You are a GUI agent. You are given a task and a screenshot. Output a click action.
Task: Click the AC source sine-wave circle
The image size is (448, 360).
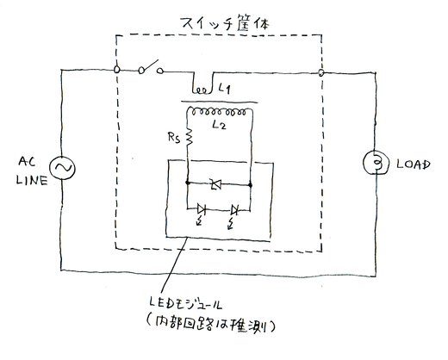coord(62,168)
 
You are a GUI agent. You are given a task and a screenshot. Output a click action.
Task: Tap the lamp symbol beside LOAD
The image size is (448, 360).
coord(376,163)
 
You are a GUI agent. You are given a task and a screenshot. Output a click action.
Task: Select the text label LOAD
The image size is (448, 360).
coord(414,164)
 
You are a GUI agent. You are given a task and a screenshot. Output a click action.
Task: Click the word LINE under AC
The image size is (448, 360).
coord(32,180)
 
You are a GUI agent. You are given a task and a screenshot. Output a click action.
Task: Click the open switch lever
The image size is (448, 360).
coord(149,66)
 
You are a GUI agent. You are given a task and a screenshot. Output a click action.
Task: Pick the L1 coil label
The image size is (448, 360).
coord(225,88)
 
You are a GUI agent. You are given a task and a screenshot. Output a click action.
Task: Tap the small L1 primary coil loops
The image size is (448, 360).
coord(202,90)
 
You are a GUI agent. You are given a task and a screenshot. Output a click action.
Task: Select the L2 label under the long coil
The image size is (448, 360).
coord(219,125)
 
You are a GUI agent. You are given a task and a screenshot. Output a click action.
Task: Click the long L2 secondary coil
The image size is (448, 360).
coord(219,112)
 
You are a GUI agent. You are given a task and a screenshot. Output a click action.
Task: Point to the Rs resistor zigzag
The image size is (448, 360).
coord(189,137)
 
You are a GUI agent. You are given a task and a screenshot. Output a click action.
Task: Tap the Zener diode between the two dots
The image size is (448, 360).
coord(215,184)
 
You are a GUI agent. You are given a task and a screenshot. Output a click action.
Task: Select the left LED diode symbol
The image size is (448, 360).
coord(202,209)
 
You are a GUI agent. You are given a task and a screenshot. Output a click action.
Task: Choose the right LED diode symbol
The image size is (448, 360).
coord(234,211)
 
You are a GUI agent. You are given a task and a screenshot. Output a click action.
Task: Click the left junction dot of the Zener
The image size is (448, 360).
coord(188,183)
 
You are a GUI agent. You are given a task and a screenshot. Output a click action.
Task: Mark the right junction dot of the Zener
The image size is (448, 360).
coord(250,185)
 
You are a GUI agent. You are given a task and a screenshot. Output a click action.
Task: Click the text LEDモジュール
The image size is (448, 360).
coord(185,304)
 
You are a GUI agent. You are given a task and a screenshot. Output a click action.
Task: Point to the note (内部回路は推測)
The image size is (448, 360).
coord(211,325)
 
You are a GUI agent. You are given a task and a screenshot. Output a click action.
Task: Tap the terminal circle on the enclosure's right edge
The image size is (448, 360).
coord(321,73)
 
